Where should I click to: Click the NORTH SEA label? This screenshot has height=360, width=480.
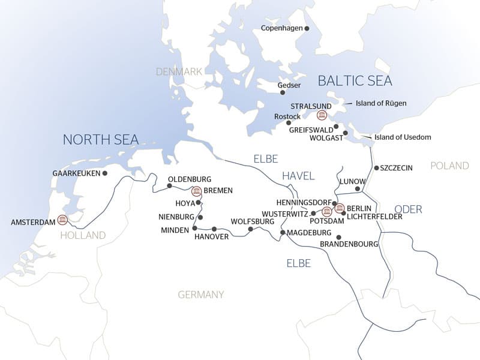[x=101, y=140]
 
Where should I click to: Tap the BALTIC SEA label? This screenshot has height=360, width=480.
[x=355, y=80]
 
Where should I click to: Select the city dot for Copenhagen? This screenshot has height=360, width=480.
[x=307, y=28]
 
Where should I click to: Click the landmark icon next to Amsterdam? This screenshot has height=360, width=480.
[x=62, y=220]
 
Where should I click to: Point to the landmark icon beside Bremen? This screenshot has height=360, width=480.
[x=196, y=191]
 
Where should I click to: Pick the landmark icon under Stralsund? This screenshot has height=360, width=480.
[x=322, y=115]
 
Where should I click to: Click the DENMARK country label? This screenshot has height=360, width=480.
[x=179, y=71]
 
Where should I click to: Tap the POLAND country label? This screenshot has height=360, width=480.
[x=449, y=166]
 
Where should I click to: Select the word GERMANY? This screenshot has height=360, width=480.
[x=200, y=295]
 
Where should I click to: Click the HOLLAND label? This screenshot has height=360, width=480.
[x=83, y=235]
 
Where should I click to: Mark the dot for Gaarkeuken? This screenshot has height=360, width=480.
[x=104, y=173]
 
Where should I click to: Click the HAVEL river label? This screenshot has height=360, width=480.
[x=299, y=175]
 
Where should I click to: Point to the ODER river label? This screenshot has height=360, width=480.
[x=408, y=209]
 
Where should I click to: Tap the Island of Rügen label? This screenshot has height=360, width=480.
[x=381, y=103]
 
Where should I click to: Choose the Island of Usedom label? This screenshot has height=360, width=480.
[x=402, y=137]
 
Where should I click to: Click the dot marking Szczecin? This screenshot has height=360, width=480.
[x=376, y=168]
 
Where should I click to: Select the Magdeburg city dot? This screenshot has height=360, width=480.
[x=282, y=232]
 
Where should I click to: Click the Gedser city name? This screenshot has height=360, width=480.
[x=289, y=85]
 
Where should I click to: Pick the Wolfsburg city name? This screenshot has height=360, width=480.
[x=252, y=221]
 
